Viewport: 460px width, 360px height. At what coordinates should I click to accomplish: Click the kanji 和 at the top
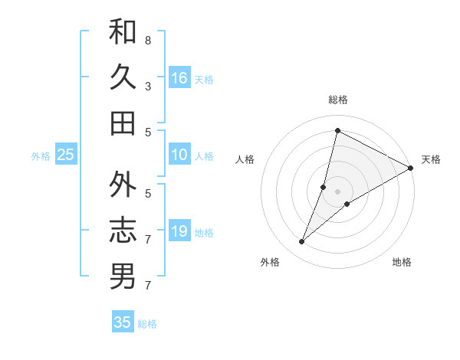pos(123,31)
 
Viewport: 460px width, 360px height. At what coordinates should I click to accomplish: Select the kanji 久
pos(123,77)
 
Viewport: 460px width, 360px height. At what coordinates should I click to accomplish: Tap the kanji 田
pos(123,123)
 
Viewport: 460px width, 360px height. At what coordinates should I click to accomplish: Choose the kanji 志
pos(123,231)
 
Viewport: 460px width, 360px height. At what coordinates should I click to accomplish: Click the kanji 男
pos(123,277)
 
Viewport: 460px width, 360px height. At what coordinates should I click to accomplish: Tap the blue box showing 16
pos(179,77)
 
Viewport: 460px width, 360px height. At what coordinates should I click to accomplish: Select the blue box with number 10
pos(179,155)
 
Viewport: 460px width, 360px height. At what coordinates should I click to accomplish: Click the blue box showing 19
pos(179,231)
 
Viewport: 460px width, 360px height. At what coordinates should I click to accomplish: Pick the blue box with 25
pos(66,155)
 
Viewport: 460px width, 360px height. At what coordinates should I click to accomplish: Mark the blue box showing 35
pos(123,322)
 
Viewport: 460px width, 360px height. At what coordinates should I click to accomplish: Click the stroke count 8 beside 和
pos(148,40)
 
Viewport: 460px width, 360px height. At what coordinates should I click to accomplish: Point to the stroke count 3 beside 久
pos(148,86)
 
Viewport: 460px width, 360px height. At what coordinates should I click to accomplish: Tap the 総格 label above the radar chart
pos(337,100)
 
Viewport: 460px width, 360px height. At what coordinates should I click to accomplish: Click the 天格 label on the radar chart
pos(431,159)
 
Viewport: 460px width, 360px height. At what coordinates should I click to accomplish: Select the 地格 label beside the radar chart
pos(402,263)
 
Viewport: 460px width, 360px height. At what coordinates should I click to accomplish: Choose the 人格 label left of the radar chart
pos(245,159)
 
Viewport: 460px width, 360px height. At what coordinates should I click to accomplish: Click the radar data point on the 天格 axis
pos(410,168)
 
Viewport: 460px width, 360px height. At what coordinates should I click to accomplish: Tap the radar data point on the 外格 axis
pos(302,242)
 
